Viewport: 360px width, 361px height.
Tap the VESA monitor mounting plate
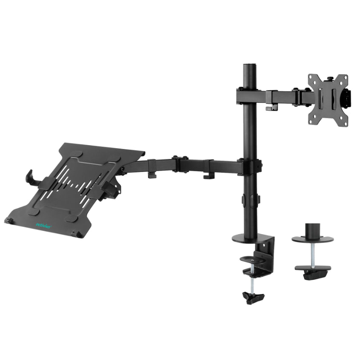[x=328, y=100]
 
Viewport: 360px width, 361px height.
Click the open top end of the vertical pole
[x=250, y=66]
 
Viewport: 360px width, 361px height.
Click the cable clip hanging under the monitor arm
[x=269, y=107]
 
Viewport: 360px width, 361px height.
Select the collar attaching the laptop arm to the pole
[x=250, y=166]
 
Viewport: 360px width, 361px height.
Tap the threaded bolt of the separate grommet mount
[x=312, y=255]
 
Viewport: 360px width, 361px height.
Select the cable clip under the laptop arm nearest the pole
[x=209, y=175]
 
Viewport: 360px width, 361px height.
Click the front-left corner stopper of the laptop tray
[x=9, y=220]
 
